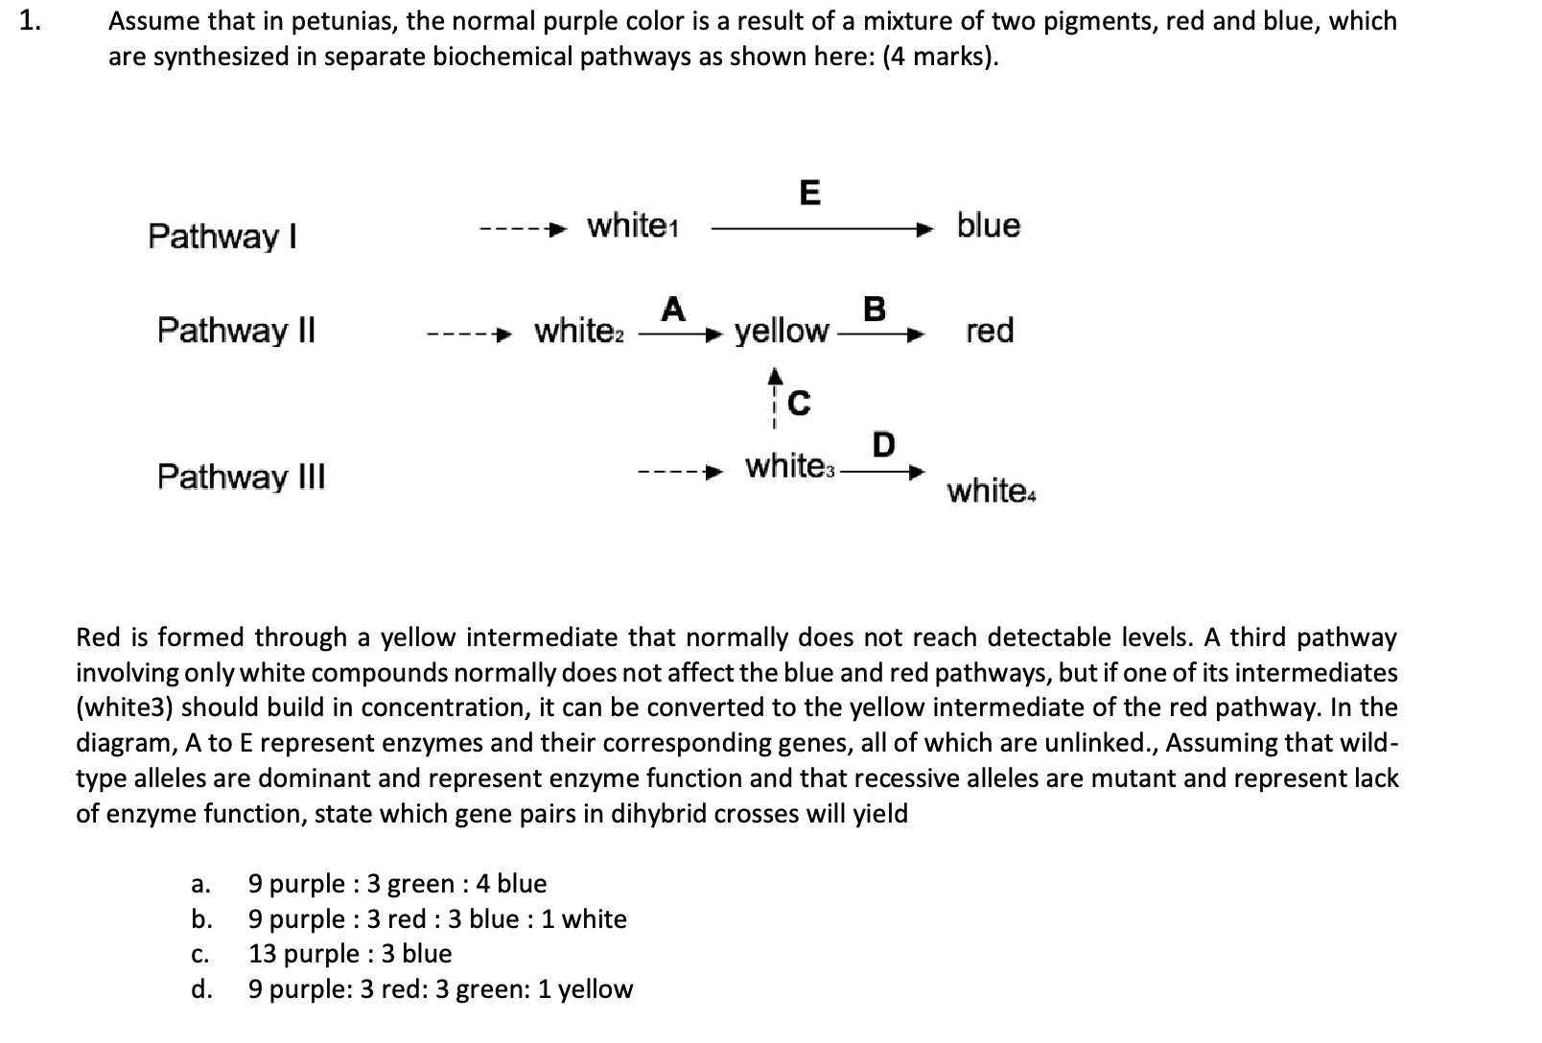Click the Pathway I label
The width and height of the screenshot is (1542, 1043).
tap(222, 236)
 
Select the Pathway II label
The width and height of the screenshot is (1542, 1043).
tap(236, 331)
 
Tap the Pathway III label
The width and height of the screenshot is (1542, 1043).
tap(241, 476)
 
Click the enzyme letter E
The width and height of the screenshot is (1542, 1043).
tap(809, 193)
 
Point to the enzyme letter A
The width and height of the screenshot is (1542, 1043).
tap(673, 309)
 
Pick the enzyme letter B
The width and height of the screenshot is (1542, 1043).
tap(874, 309)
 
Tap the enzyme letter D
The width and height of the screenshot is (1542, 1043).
tap(883, 445)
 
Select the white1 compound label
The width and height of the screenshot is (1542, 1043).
tap(633, 226)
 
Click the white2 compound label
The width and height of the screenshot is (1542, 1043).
tap(579, 331)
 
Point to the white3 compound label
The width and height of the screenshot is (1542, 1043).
tap(791, 467)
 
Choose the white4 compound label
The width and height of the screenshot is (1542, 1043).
tap(991, 492)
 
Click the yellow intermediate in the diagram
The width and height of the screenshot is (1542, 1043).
tap(781, 332)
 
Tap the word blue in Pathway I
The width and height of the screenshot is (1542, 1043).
tap(989, 226)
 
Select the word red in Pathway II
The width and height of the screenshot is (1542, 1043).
tap(990, 331)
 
